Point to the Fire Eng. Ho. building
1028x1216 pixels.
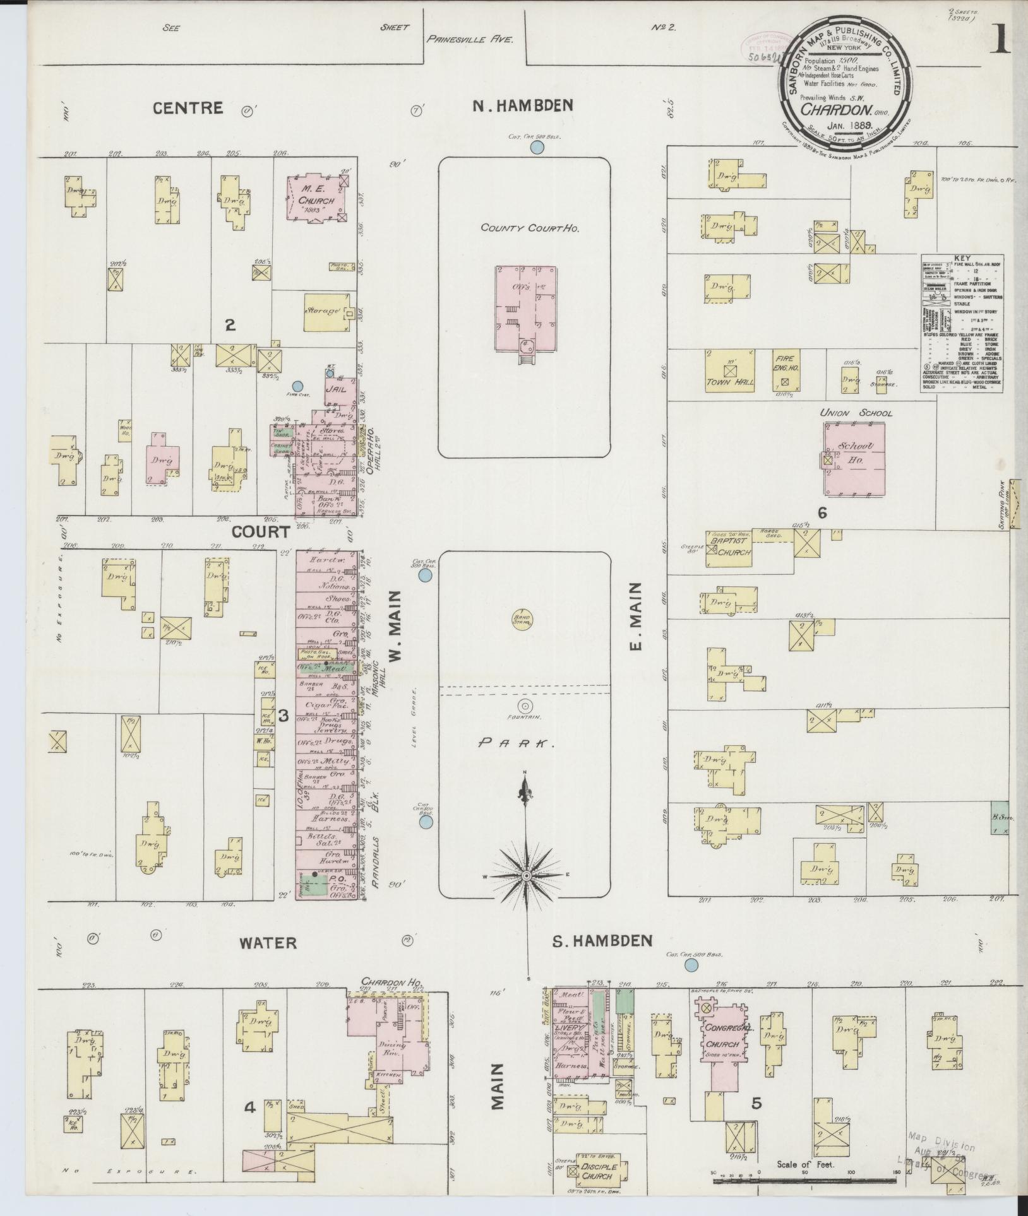point(785,371)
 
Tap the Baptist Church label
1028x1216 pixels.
point(729,547)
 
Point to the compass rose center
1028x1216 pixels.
point(525,876)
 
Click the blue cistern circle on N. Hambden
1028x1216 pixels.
point(537,148)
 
